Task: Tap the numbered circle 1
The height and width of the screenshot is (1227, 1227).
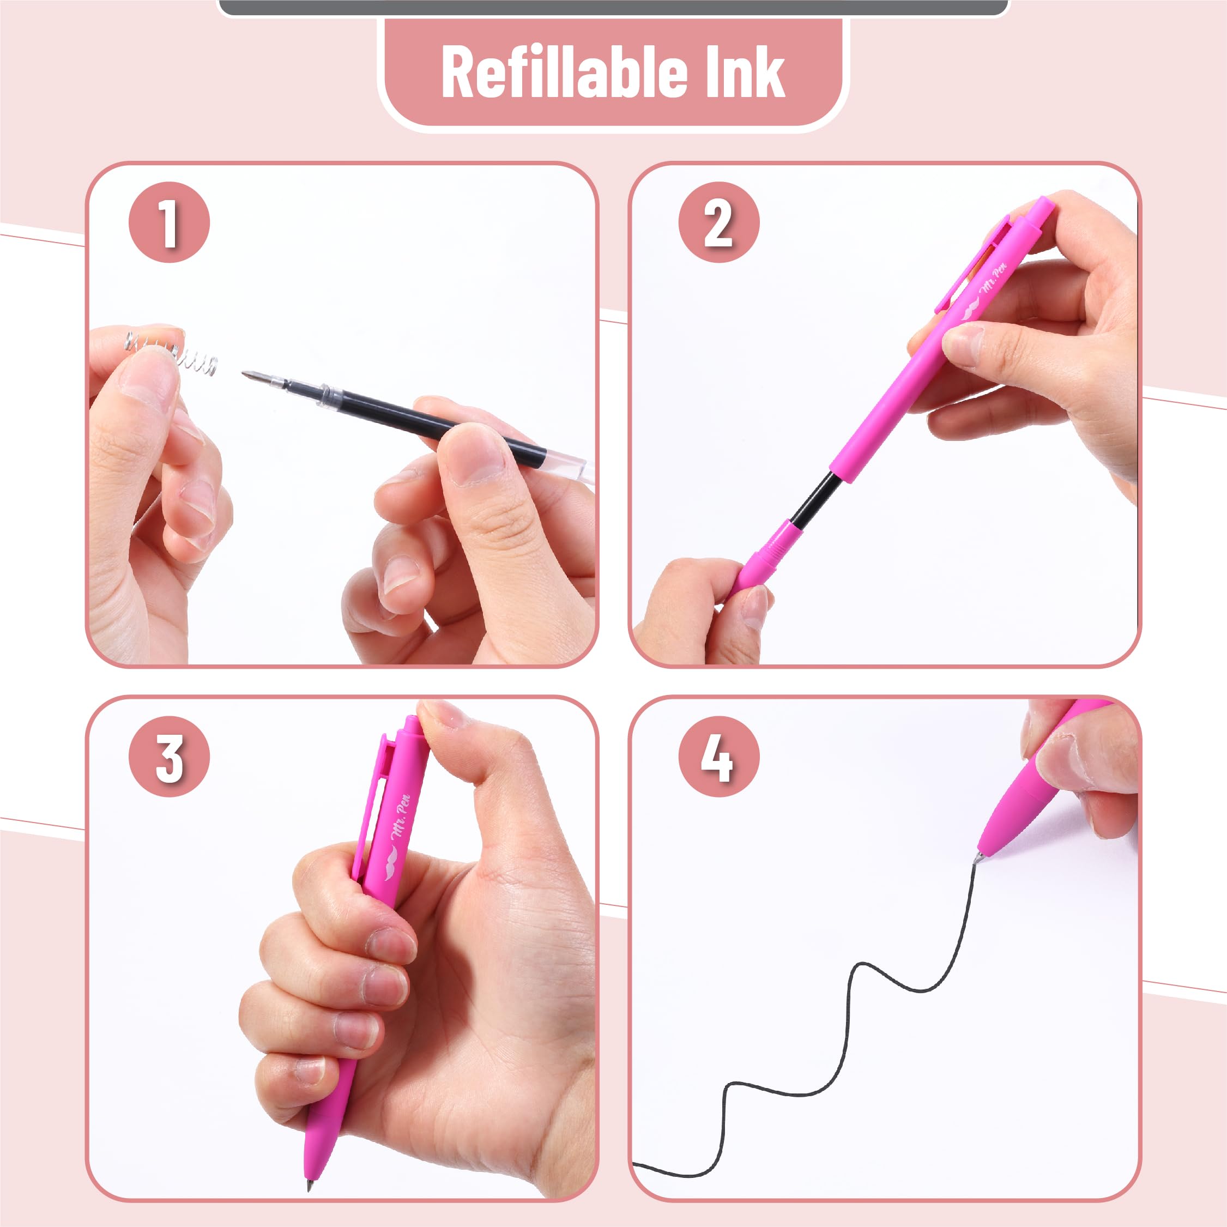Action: tap(169, 222)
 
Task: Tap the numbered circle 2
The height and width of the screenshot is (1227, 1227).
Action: tap(718, 222)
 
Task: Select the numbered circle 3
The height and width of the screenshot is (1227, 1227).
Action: tap(169, 757)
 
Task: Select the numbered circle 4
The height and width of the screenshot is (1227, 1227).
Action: tap(718, 757)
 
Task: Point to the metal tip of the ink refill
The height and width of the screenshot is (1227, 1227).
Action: tap(254, 376)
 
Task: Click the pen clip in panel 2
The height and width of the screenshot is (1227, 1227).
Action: tap(969, 267)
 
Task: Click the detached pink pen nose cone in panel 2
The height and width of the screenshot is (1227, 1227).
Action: tap(759, 559)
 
